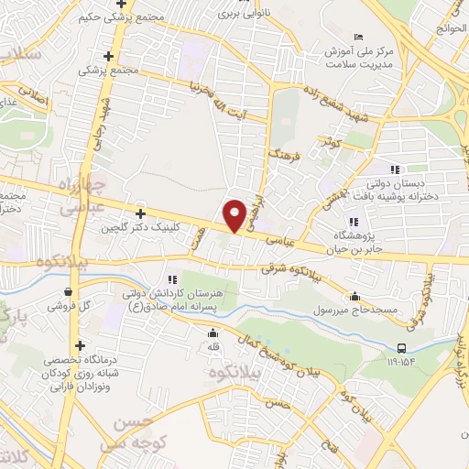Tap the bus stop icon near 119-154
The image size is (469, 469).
(402, 347)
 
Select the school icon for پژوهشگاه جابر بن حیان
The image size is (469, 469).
(353, 222)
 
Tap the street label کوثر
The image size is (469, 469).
(329, 142)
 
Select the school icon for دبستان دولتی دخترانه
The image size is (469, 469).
(395, 169)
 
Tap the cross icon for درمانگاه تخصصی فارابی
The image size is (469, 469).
(82, 346)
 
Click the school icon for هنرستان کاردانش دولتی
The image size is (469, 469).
(171, 278)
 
